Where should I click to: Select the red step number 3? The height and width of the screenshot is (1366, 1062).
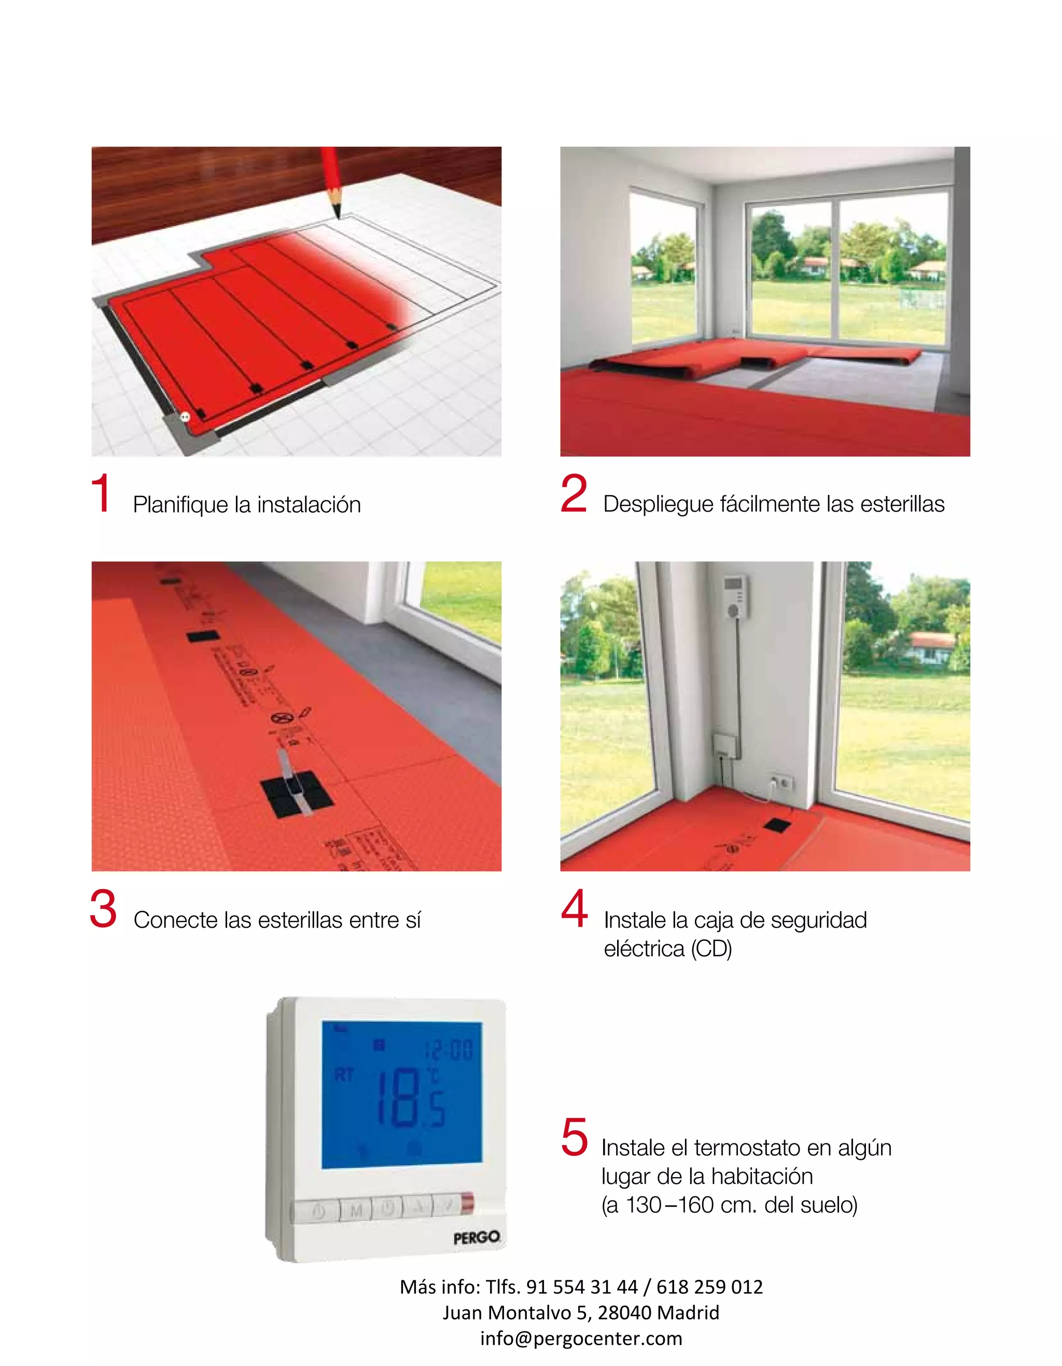point(103,908)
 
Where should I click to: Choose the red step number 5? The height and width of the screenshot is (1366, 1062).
point(574,1137)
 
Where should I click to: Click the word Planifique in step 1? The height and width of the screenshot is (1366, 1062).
point(180,505)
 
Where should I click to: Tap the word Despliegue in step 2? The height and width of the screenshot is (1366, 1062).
point(658,504)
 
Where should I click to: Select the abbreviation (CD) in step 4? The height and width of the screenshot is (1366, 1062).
point(711,949)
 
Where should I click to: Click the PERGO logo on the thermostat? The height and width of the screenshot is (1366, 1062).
point(477,1237)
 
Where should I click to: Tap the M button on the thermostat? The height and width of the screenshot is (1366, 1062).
point(356,1211)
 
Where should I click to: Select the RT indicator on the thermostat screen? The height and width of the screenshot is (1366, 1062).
point(344,1075)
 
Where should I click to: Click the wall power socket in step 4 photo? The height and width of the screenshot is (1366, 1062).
point(781,781)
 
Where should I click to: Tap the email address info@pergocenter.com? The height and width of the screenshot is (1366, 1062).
point(581,1338)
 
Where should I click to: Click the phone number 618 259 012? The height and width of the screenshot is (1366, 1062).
point(709,1287)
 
